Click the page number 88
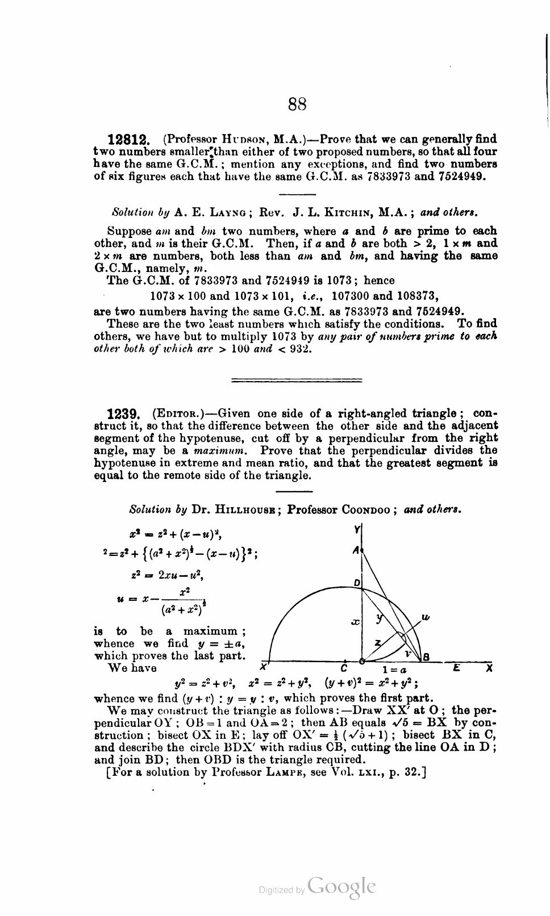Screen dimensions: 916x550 [298, 104]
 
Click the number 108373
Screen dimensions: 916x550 [414, 296]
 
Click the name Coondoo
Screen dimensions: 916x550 [365, 509]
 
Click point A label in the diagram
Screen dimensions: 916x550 [356, 550]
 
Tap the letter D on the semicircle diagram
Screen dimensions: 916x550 [356, 583]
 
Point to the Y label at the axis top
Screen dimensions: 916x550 [357, 529]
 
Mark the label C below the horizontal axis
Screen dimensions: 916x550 [344, 668]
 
